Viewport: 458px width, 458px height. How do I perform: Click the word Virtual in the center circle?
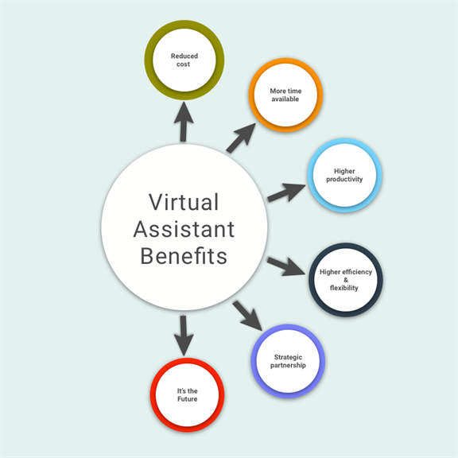(184, 202)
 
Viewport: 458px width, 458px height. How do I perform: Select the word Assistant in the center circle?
(184, 229)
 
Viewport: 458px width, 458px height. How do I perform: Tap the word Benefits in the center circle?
(184, 256)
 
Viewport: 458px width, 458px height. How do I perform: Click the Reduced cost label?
(184, 60)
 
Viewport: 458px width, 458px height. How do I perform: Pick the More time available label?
(285, 95)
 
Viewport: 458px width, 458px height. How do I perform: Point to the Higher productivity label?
(344, 175)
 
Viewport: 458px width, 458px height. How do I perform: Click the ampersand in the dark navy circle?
(346, 280)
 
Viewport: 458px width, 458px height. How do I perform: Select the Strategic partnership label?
(288, 361)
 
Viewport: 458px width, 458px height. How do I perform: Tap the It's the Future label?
(187, 395)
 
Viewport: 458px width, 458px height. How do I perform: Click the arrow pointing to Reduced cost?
(184, 122)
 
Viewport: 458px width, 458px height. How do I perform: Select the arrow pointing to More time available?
(241, 138)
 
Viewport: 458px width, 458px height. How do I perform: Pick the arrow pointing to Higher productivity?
(286, 192)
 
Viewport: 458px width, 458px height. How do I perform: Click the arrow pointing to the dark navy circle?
(286, 266)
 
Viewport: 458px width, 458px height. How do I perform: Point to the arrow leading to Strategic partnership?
(247, 316)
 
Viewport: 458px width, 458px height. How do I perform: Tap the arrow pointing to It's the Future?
(184, 336)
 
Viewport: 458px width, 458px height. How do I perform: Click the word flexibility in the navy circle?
(343, 288)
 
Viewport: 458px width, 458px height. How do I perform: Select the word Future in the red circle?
(187, 398)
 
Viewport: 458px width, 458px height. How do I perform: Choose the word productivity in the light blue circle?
(344, 179)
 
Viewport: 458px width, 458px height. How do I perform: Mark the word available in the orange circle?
(285, 99)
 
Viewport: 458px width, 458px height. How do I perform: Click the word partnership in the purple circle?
(288, 366)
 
